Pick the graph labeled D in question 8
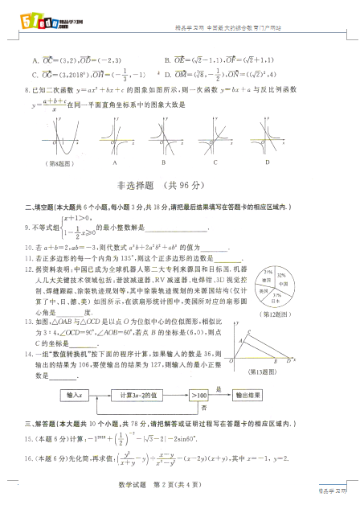[267, 138]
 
